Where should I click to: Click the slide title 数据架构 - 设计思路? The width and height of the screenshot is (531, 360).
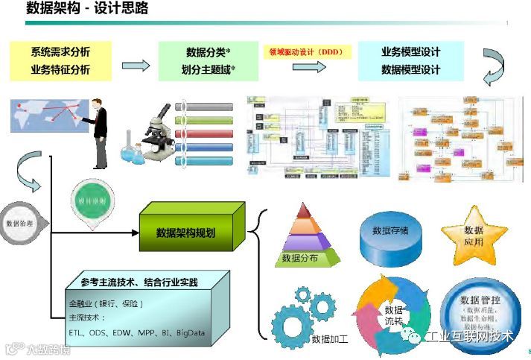pyautogui.click(x=87, y=9)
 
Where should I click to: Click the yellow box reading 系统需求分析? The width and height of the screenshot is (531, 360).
pyautogui.click(x=61, y=52)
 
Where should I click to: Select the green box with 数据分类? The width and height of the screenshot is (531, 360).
pyautogui.click(x=208, y=52)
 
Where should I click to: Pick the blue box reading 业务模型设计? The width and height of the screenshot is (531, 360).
pyautogui.click(x=410, y=52)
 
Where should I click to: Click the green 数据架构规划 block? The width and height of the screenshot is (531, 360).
pyautogui.click(x=186, y=233)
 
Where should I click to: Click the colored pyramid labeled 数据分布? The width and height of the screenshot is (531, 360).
pyautogui.click(x=306, y=236)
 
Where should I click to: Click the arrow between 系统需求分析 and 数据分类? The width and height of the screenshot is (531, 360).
pyautogui.click(x=135, y=66)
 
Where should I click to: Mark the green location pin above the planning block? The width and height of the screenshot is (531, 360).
pyautogui.click(x=88, y=204)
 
